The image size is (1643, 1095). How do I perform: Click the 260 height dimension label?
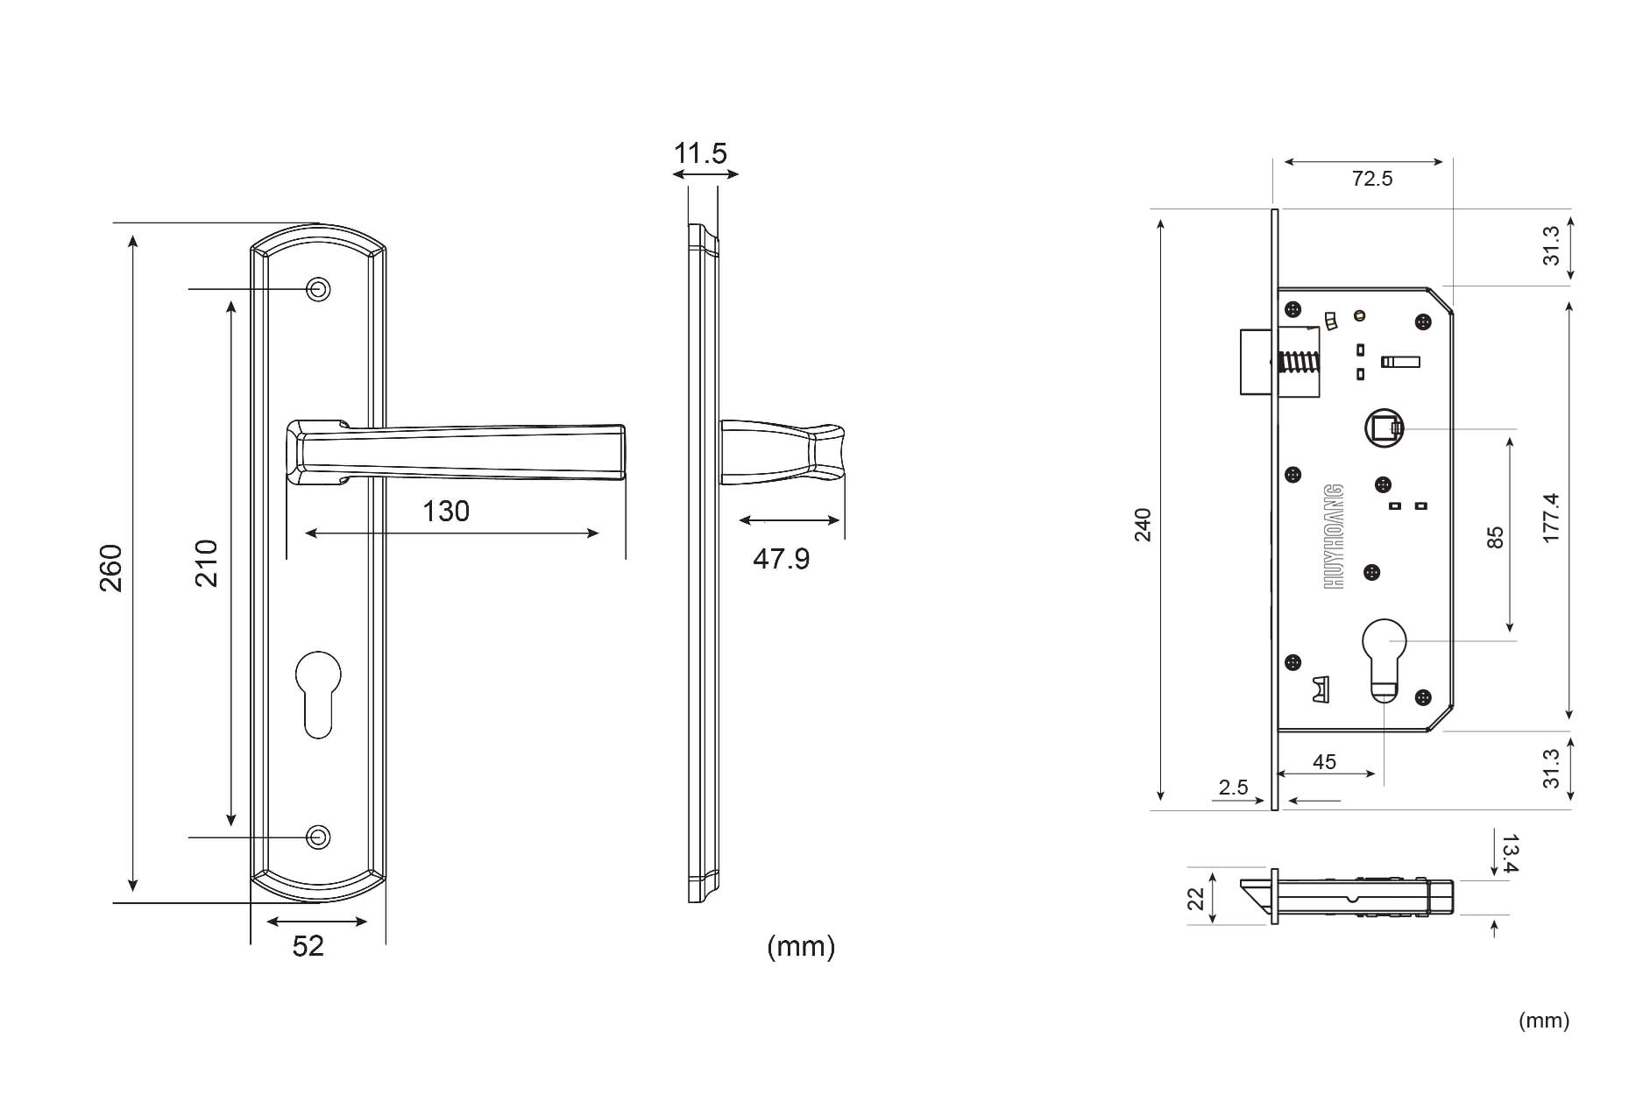pyautogui.click(x=110, y=568)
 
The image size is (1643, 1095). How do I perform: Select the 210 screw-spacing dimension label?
pyautogui.click(x=205, y=563)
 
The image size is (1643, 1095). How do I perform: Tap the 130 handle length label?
pyautogui.click(x=446, y=511)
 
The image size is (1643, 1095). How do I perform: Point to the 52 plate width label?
pyautogui.click(x=308, y=946)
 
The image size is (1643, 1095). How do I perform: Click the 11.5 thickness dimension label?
pyautogui.click(x=700, y=153)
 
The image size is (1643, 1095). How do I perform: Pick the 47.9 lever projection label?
pyautogui.click(x=781, y=558)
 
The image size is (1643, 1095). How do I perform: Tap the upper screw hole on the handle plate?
pyautogui.click(x=318, y=289)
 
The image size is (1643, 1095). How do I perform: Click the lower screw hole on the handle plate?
pyautogui.click(x=318, y=837)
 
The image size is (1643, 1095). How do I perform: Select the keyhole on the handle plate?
pyautogui.click(x=318, y=692)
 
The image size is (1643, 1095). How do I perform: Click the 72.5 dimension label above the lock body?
pyautogui.click(x=1371, y=179)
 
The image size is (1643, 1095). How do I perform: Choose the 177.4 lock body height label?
pyautogui.click(x=1551, y=518)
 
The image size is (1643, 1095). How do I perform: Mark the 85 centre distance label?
pyautogui.click(x=1495, y=537)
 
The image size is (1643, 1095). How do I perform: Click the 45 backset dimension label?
pyautogui.click(x=1324, y=761)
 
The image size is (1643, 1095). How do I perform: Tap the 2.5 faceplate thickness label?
pyautogui.click(x=1233, y=787)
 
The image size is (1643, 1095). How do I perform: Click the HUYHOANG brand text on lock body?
pyautogui.click(x=1334, y=535)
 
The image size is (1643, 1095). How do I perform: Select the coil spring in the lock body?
pyautogui.click(x=1300, y=362)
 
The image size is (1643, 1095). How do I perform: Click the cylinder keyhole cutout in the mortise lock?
pyautogui.click(x=1385, y=661)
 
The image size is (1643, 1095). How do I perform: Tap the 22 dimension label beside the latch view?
pyautogui.click(x=1196, y=898)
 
